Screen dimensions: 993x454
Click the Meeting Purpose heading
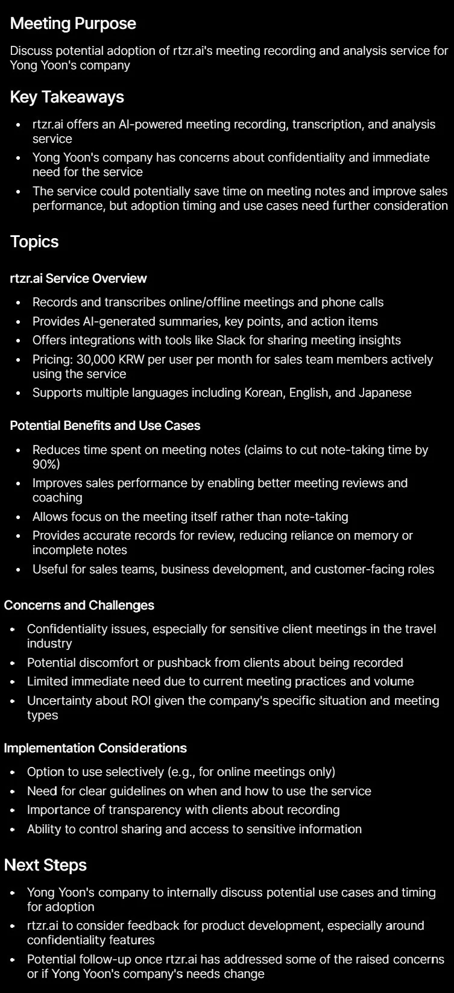click(73, 24)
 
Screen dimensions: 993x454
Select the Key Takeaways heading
click(67, 97)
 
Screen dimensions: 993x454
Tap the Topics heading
click(34, 242)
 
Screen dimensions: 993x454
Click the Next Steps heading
click(45, 865)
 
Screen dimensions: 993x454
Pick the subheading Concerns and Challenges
click(79, 605)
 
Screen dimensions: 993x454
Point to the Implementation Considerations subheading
click(95, 748)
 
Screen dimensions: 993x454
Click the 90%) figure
click(46, 464)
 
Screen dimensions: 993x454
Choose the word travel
click(418, 629)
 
